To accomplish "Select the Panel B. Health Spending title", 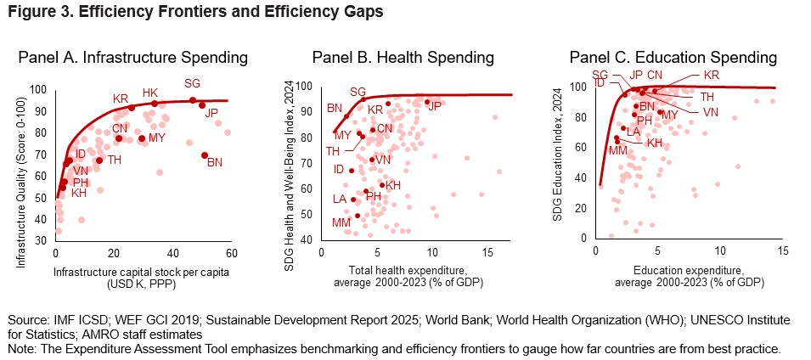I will (x=403, y=59).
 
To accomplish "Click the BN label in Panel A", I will (x=214, y=161).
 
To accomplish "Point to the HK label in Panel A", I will (x=150, y=93).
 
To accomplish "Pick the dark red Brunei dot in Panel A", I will (x=205, y=155).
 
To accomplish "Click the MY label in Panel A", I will (x=157, y=138).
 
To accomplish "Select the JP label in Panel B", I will (x=434, y=106).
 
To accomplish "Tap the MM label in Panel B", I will (x=341, y=222).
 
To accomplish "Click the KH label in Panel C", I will (x=654, y=143).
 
